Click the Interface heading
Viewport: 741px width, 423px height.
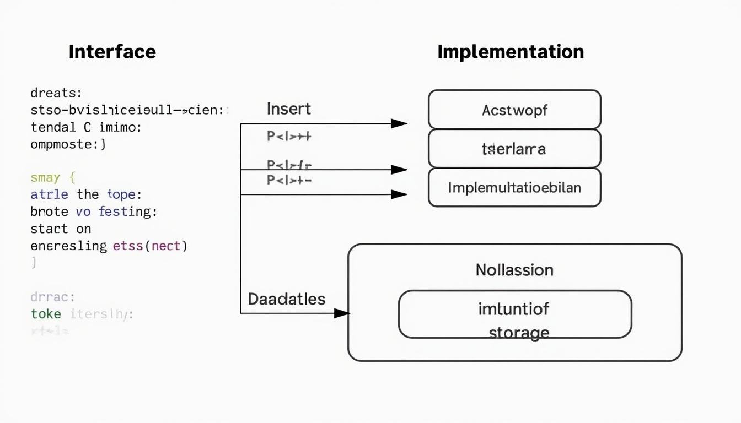(112, 52)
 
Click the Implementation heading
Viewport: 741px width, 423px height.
(510, 52)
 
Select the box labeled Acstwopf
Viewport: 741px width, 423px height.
(514, 110)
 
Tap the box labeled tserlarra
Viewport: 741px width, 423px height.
(514, 149)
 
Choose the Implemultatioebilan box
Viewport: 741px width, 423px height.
(514, 188)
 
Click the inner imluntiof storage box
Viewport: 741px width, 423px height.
(514, 314)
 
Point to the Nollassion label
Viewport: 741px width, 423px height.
(514, 270)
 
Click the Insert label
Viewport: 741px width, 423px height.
(288, 109)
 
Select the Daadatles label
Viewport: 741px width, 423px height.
(286, 299)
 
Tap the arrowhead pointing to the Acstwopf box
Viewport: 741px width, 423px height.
(399, 124)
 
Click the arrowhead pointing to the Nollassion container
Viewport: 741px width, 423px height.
(342, 313)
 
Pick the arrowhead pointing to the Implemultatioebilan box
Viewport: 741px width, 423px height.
(399, 194)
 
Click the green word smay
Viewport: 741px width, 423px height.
(45, 177)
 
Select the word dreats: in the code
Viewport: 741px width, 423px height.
(56, 93)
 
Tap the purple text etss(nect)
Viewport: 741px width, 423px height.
(150, 246)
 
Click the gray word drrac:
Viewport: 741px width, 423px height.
(52, 297)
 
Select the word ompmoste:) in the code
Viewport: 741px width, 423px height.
(68, 144)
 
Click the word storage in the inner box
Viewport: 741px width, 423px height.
(518, 333)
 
